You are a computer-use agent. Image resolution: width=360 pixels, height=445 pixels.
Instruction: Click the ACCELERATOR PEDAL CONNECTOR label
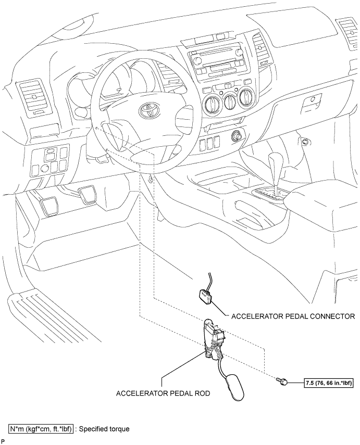tap(293, 316)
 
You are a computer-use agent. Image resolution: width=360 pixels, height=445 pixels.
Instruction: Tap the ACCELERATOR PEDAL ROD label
tap(163, 393)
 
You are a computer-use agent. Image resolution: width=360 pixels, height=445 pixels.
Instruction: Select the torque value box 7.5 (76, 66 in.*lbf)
tap(329, 383)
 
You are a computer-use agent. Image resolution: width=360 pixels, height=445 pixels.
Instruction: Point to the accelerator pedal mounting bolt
tap(281, 381)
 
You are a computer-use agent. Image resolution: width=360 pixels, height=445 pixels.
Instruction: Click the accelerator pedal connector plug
tap(206, 296)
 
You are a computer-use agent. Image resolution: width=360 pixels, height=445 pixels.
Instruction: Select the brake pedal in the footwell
tap(88, 195)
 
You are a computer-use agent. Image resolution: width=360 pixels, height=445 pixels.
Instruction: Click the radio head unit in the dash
tap(217, 62)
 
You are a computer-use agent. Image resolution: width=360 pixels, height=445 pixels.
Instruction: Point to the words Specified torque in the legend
tap(104, 429)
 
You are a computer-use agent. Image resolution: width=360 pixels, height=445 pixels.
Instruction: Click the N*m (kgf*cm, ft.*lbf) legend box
tap(41, 429)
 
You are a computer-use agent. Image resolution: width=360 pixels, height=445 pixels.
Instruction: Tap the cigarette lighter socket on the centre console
tap(237, 136)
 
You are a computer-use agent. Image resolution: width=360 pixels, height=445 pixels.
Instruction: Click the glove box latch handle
tap(310, 101)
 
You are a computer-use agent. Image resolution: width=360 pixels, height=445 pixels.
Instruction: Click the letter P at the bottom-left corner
tap(3, 442)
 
